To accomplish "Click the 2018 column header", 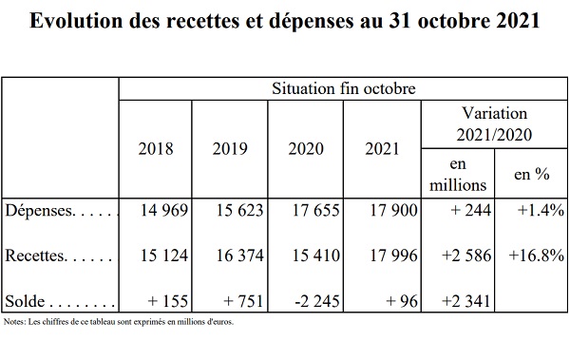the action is pos(156,149).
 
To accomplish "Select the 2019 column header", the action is pos(230,149).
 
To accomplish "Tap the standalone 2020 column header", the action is pos(306,149).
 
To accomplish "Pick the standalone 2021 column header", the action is pos(382,149).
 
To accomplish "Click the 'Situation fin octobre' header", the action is pos(344,88).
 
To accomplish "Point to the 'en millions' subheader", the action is pos(458,175).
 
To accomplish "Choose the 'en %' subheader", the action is pos(531,174).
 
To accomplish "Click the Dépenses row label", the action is pos(40,211).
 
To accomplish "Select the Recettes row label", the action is pos(36,256).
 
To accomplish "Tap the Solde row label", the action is pos(25,301).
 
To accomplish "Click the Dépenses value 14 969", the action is pos(164,211).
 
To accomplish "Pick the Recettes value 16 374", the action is pos(240,256).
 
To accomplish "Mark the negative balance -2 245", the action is pos(316,301).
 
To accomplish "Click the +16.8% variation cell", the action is pos(537,256).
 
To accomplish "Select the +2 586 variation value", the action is pos(466,256).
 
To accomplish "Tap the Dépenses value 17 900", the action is pos(393,211).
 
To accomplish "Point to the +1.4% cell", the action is pos(541,211).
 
